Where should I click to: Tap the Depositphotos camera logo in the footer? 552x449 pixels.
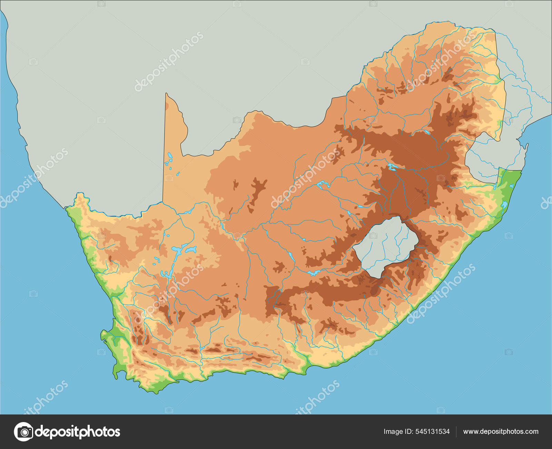23,431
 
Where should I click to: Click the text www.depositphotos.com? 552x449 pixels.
501,431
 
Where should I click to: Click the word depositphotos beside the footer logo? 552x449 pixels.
78,431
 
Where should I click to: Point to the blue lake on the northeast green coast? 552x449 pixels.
504,206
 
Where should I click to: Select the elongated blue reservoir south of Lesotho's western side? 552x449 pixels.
314,273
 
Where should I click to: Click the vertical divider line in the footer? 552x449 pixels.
456,431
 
